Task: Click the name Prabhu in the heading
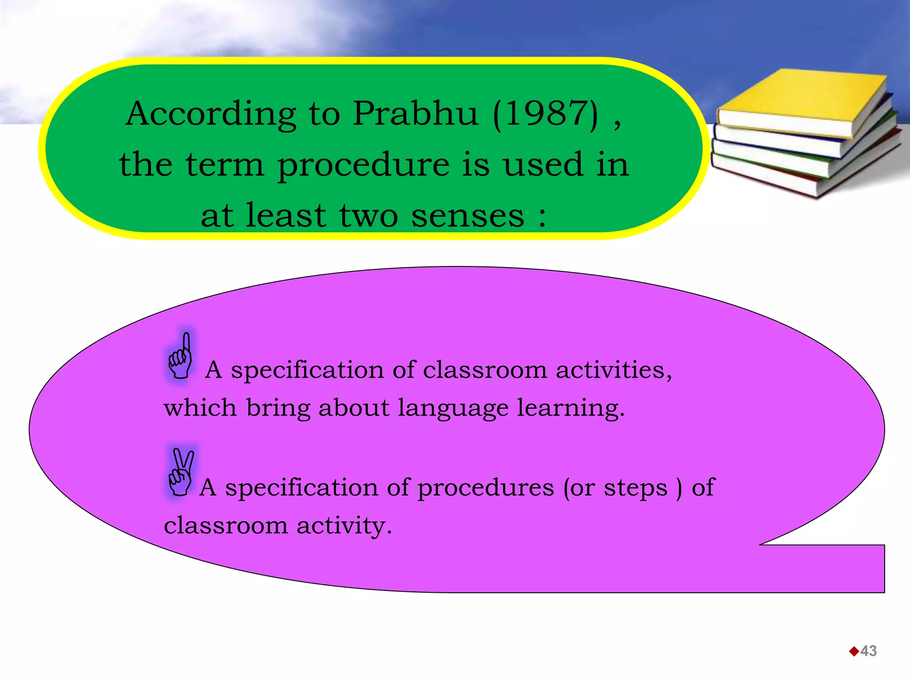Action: point(415,114)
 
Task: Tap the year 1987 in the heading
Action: point(546,114)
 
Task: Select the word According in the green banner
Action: point(211,114)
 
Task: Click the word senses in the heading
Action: point(467,216)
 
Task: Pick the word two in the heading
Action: point(368,216)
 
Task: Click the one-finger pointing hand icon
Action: point(181,357)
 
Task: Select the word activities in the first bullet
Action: point(613,370)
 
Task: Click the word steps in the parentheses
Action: point(635,488)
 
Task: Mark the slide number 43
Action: point(868,651)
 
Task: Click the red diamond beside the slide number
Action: point(854,651)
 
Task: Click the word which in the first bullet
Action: point(200,408)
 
